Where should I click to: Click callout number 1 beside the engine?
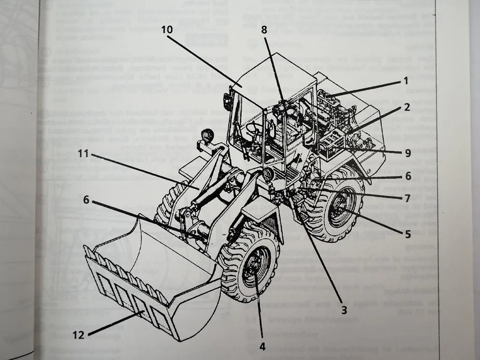point(406,81)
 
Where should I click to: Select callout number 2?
point(407,107)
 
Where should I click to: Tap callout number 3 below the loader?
point(344,309)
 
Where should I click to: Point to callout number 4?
point(262,347)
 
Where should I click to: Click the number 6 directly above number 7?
point(408,176)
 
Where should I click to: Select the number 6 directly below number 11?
point(86,199)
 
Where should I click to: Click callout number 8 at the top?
point(264,29)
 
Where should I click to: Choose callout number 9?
point(407,152)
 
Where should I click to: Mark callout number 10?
point(167,29)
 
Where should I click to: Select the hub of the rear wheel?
point(339,206)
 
